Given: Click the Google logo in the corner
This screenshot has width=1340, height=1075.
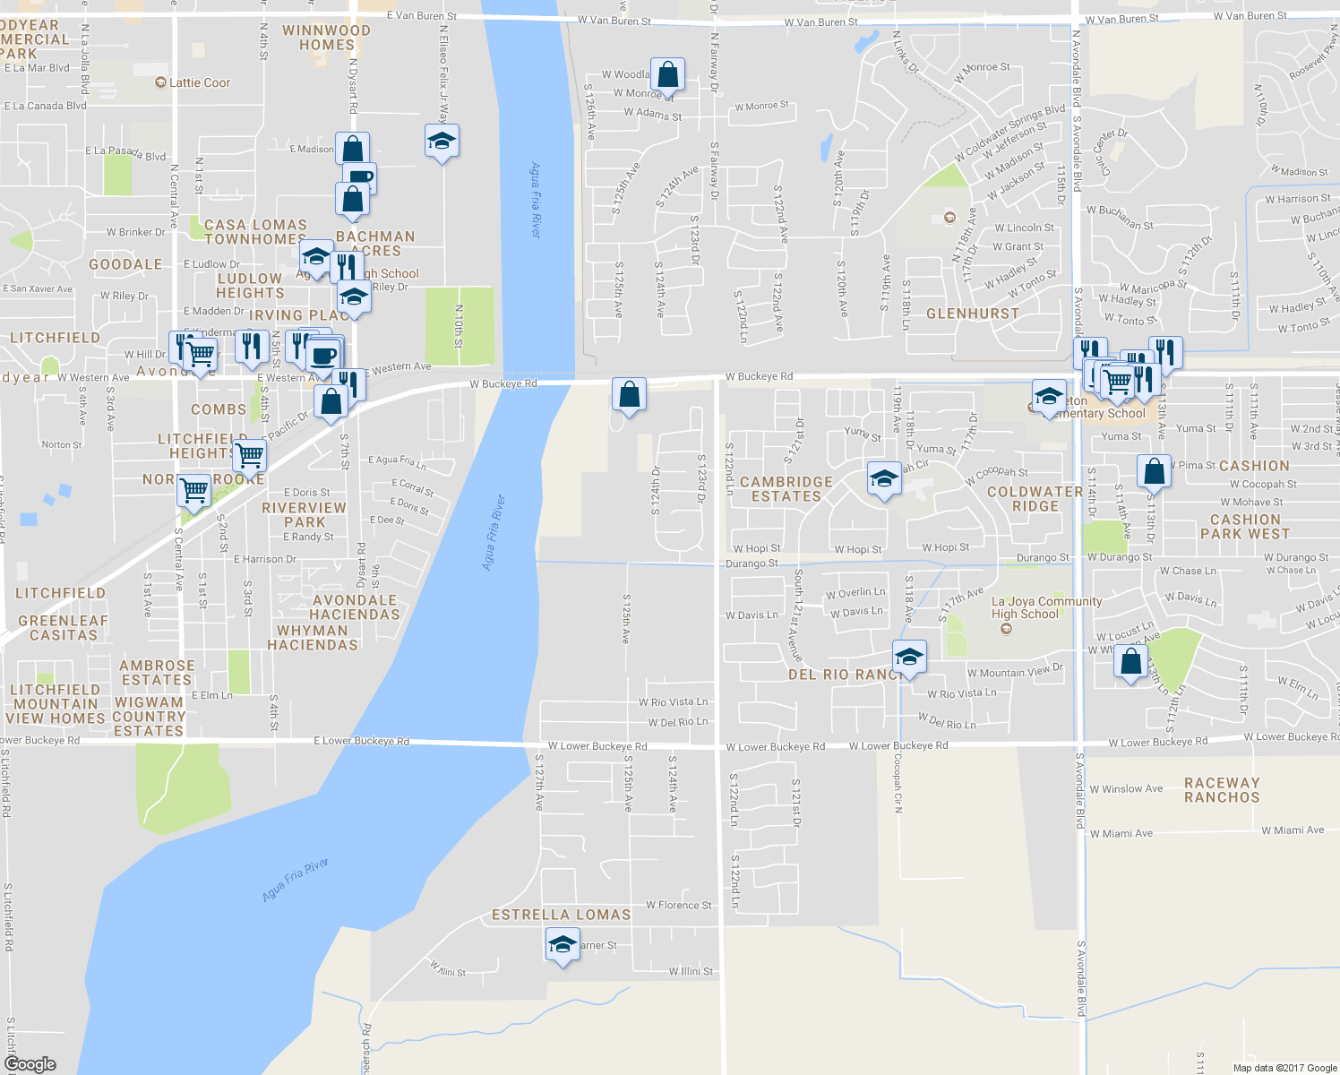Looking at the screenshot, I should click(x=30, y=1063).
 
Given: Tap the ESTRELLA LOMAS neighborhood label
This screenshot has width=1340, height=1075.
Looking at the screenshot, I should click(x=561, y=915).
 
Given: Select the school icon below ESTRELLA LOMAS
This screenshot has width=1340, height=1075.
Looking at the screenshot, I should click(x=562, y=945).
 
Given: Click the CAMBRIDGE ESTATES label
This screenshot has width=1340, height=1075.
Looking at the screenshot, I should click(x=786, y=489).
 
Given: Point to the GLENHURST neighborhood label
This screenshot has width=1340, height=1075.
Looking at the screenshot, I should click(x=973, y=314).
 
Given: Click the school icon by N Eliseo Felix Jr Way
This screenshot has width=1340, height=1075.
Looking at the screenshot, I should click(x=442, y=142).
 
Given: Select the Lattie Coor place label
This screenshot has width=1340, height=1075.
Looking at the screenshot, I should click(x=193, y=82).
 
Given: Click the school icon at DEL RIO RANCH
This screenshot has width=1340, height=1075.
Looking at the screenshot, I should click(x=909, y=658).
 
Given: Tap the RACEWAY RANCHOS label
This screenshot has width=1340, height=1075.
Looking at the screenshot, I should click(x=1222, y=790).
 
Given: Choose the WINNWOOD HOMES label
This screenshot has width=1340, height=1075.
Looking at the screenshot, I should click(x=326, y=38).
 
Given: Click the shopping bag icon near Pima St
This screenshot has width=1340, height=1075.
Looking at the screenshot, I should click(x=1155, y=471).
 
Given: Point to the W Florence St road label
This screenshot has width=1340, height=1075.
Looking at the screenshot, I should click(x=678, y=905).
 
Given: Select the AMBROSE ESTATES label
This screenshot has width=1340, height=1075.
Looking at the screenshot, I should click(x=157, y=673).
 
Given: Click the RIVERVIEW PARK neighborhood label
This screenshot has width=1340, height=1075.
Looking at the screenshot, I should click(x=304, y=515).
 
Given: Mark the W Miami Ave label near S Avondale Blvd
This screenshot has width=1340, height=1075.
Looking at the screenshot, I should click(x=1121, y=833).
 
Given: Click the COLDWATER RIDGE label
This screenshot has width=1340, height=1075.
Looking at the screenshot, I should click(x=1035, y=499).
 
